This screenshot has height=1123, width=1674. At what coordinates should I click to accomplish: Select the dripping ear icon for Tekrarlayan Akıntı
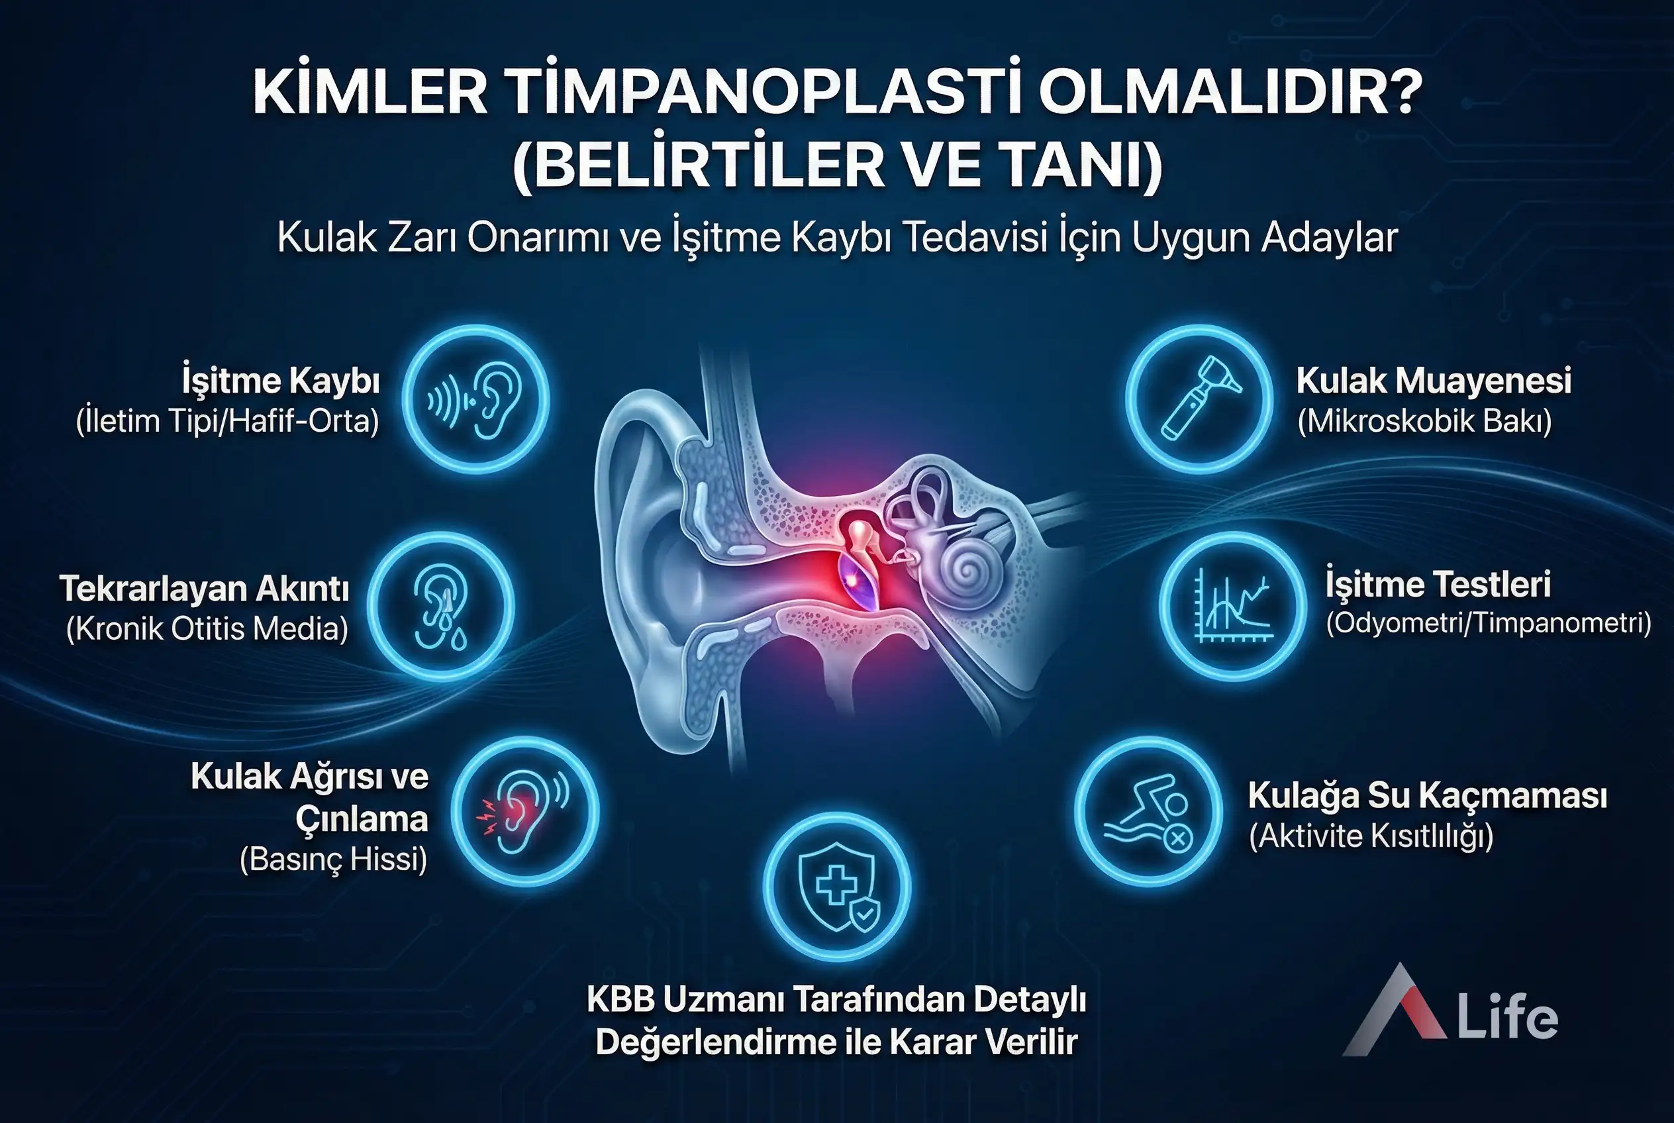coord(441,607)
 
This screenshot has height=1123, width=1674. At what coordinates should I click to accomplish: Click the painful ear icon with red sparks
coord(525,811)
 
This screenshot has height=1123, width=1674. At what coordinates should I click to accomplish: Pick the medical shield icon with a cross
coord(836,887)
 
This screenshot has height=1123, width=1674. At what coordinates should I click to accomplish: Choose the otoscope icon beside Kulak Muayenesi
coord(1199,399)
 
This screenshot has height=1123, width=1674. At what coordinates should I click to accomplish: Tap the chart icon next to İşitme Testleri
coord(1233,607)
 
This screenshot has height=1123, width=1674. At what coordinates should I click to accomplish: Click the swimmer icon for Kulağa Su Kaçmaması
coord(1149,811)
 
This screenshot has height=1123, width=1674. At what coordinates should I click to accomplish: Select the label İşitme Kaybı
coord(281,380)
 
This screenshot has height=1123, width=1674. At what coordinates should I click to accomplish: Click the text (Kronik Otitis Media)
coord(207,628)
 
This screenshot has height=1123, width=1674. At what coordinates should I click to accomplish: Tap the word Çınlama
coord(362,818)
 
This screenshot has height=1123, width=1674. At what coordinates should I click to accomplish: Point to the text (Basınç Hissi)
coord(333,859)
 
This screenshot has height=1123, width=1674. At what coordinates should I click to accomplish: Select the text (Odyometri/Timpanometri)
coord(1489,623)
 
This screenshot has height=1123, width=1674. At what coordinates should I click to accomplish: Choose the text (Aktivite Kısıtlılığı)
coord(1371,835)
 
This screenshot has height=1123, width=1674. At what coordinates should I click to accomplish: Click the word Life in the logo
coord(1508,1017)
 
